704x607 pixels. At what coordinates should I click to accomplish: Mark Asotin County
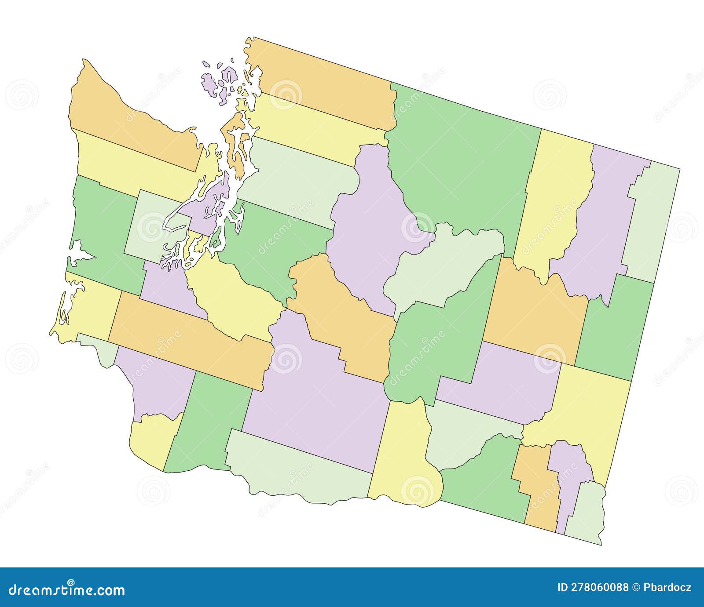point(585,510)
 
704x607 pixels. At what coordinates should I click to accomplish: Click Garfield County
point(570,475)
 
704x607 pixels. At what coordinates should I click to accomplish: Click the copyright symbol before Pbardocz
point(637,588)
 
